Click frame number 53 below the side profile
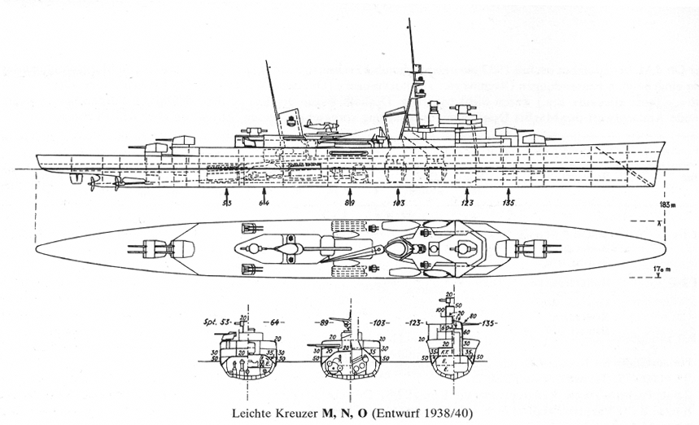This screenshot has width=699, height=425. [228, 203]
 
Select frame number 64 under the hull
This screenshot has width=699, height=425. [264, 203]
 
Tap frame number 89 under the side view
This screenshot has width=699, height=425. [348, 203]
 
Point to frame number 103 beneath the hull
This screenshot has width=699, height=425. [398, 203]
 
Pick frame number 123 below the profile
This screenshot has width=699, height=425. [466, 203]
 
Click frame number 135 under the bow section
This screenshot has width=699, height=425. [509, 203]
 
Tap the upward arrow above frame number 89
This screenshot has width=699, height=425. [348, 192]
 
